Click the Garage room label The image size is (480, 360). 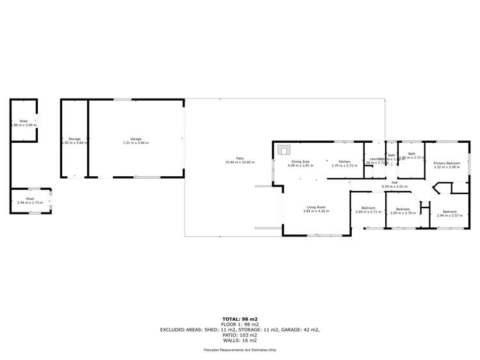pos(136,138)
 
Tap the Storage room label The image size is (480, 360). pos(74,138)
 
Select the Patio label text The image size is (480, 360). pos(240,158)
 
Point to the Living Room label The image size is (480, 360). pos(316,207)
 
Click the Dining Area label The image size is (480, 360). pos(300,161)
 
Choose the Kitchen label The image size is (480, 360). pos(344,161)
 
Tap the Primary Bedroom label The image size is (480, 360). pos(447,163)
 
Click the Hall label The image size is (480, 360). pos(394,183)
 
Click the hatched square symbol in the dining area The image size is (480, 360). pos(284,150)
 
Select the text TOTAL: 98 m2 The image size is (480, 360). pos(240,318)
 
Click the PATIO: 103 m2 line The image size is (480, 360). pos(240,334)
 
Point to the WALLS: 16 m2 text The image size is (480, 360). pos(240,340)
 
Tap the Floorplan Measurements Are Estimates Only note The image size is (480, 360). pos(240,350)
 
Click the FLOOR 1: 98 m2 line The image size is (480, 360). pos(240,324)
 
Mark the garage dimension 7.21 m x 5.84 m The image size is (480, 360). pos(136,143)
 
